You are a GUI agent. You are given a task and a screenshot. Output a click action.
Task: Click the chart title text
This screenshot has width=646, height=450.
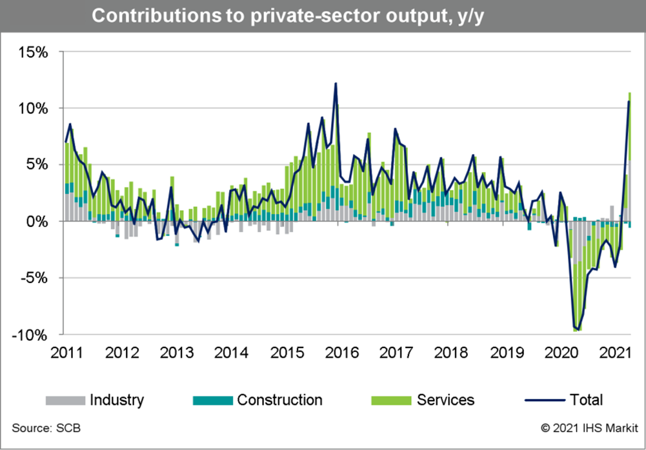[x=288, y=16]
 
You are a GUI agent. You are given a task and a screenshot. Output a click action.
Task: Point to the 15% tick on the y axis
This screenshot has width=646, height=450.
[x=33, y=52]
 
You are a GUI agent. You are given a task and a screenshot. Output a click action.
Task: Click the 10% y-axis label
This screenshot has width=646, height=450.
[x=33, y=108]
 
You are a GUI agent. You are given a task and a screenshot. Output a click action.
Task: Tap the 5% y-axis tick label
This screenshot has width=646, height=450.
[x=37, y=165]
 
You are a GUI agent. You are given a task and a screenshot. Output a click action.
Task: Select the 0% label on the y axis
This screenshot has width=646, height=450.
[x=37, y=221]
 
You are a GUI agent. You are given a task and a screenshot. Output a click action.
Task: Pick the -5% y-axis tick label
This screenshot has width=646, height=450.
[x=35, y=278]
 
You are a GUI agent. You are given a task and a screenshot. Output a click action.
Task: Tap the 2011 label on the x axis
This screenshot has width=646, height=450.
[x=67, y=353]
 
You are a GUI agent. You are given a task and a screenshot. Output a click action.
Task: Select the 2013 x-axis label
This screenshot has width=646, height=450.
[x=176, y=353]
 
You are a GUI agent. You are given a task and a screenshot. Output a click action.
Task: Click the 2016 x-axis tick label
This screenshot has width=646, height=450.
[x=342, y=353]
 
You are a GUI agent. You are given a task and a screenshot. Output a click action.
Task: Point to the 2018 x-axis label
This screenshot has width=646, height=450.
[x=451, y=353]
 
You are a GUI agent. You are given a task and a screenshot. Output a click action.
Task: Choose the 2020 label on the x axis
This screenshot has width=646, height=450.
[x=561, y=353]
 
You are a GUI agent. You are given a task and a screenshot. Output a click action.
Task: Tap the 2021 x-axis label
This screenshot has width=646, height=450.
[x=615, y=353]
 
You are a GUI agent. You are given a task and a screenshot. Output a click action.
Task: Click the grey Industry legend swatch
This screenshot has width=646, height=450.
[x=65, y=400]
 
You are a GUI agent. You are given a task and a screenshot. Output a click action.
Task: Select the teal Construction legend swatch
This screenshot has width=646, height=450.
[x=213, y=400]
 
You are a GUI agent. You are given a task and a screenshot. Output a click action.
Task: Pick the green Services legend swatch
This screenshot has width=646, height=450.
[x=391, y=400]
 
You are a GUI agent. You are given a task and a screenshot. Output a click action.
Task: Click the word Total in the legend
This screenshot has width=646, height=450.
[x=586, y=400]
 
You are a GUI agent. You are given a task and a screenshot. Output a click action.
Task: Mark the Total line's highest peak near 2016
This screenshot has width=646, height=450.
[x=335, y=83]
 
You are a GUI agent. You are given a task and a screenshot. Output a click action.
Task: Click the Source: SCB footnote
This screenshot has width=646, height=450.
[x=46, y=428]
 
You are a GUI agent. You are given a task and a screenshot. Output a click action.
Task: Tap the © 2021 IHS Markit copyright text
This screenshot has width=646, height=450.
[x=589, y=428]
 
